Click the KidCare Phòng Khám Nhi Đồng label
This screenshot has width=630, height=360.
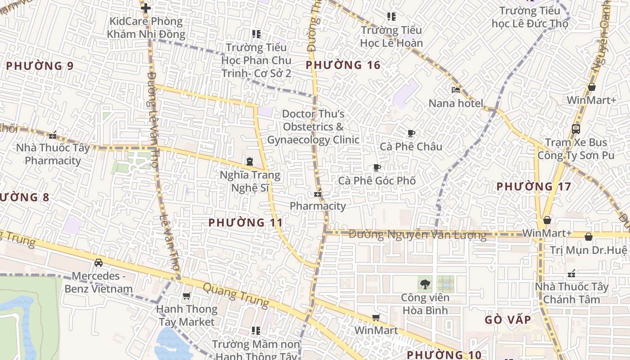click(x=146, y=27)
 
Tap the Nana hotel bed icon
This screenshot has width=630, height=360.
click(x=455, y=90)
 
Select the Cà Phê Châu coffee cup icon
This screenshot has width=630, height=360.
click(x=411, y=133)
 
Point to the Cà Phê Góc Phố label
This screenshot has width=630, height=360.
click(x=377, y=180)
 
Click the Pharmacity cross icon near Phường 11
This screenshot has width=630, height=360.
click(x=318, y=194)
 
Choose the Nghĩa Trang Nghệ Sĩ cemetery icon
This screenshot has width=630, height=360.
click(x=249, y=161)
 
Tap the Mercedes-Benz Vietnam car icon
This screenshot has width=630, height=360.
click(x=98, y=262)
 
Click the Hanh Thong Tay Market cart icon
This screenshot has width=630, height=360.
click(x=186, y=296)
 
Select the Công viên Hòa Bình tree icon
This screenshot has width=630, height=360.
click(x=424, y=284)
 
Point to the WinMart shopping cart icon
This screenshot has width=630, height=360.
click(x=376, y=318)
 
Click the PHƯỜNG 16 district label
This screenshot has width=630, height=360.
click(x=343, y=65)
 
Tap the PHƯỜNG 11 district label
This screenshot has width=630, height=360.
click(x=246, y=222)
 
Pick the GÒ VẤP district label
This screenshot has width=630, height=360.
click(x=508, y=320)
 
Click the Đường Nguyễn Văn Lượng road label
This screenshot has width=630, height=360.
click(x=418, y=234)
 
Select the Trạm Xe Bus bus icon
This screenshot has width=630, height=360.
click(x=576, y=129)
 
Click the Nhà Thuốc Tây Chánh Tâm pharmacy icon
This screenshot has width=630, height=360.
click(x=571, y=274)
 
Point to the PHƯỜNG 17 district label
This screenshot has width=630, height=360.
click(x=534, y=186)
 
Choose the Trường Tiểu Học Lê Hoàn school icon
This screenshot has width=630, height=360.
click(x=391, y=17)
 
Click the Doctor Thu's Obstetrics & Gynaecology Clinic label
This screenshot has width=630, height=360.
click(x=313, y=127)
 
